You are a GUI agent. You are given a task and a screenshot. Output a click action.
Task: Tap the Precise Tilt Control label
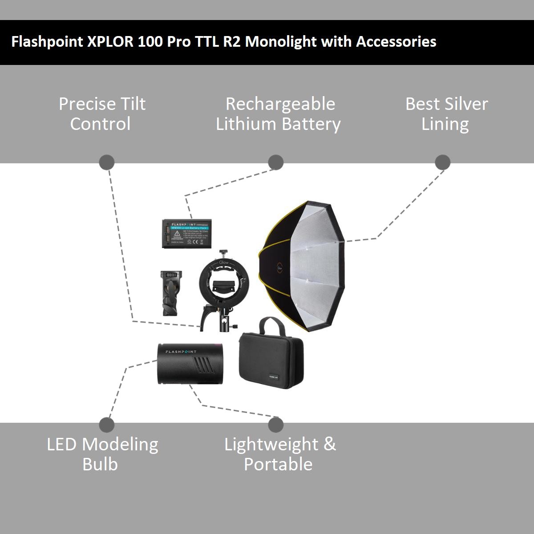(x=102, y=114)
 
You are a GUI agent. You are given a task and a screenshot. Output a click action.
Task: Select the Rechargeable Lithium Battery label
(x=279, y=114)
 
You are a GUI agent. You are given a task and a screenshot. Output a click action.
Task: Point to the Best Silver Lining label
(x=446, y=114)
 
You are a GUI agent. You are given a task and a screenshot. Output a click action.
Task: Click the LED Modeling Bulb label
(x=102, y=454)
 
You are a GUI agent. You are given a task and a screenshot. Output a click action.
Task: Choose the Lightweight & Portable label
(x=279, y=454)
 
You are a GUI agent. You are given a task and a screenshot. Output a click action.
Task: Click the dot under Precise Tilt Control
(x=106, y=162)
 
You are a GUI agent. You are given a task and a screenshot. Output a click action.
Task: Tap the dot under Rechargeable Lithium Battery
(x=276, y=162)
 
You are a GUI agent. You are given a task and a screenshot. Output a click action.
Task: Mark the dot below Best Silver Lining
(x=442, y=162)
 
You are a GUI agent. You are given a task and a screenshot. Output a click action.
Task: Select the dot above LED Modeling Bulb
(x=107, y=425)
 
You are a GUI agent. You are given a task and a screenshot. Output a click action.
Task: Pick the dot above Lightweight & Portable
(x=276, y=425)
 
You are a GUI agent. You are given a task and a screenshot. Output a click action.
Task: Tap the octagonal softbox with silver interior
(x=307, y=267)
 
